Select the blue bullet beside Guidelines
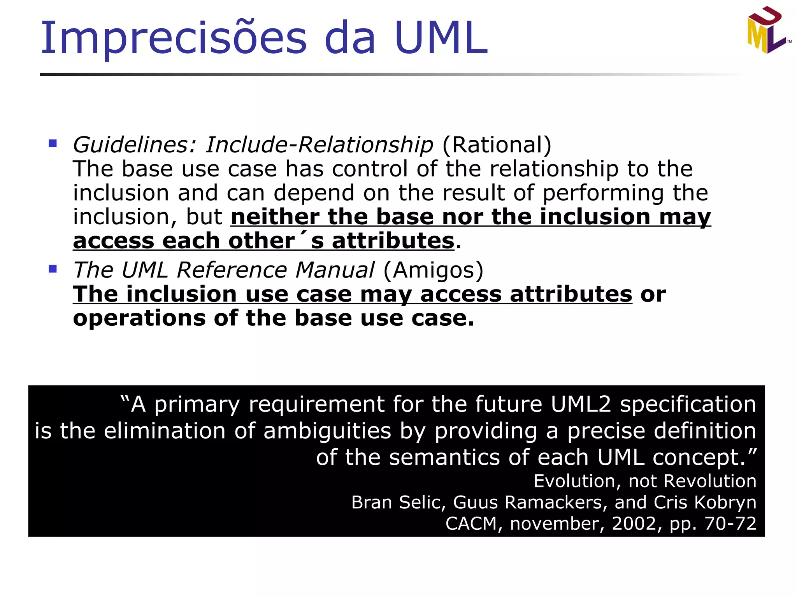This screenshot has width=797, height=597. [53, 144]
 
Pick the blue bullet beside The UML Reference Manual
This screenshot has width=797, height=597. [53, 269]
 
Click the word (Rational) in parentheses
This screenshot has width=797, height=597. [497, 145]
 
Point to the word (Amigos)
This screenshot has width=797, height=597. [434, 270]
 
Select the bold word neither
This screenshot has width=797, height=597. [275, 217]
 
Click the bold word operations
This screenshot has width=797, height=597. [139, 318]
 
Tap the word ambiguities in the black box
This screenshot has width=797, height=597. [327, 431]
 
